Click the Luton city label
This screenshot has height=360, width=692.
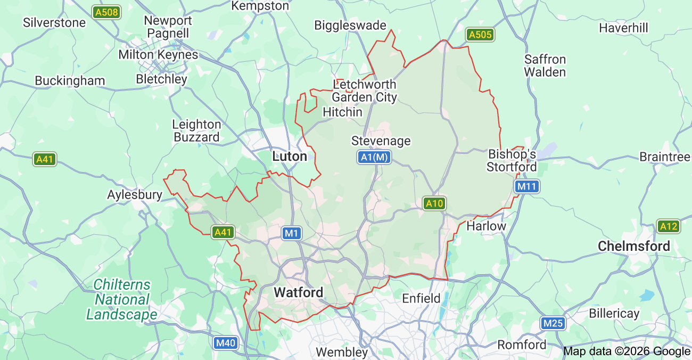click(290, 157)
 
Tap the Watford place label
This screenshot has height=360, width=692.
click(298, 292)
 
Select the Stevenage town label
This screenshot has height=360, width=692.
click(381, 141)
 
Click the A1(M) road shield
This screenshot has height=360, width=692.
click(374, 157)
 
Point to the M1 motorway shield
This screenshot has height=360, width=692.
click(292, 233)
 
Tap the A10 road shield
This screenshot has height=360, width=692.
click(434, 203)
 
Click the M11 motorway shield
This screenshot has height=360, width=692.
click(527, 186)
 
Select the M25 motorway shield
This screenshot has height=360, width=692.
click(553, 323)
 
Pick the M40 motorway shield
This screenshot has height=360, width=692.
click(225, 343)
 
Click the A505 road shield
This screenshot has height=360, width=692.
click(480, 35)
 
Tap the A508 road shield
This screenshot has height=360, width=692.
click(106, 12)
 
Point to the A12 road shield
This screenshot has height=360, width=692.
click(668, 226)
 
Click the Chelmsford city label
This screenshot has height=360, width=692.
click(633, 246)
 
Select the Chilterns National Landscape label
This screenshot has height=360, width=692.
click(122, 300)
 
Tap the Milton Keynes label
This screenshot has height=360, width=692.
click(158, 55)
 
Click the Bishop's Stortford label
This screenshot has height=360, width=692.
click(512, 160)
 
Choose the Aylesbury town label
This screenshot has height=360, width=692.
click(135, 195)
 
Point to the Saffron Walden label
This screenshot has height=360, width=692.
click(545, 66)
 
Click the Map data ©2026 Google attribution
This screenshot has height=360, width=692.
click(626, 351)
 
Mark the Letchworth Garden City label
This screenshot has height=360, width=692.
click(365, 91)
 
